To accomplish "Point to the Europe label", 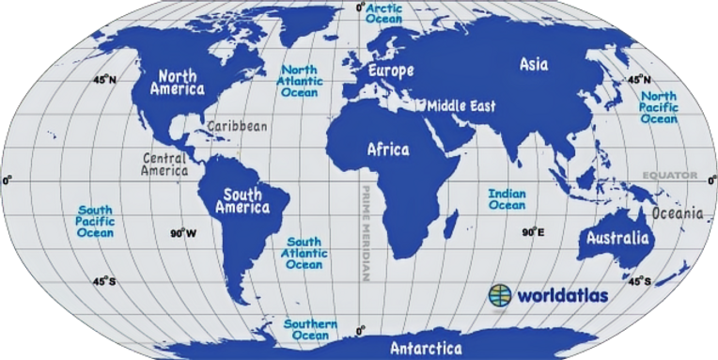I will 390,71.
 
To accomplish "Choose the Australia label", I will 617,238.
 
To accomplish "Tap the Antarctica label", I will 426,349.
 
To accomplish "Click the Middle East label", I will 461,106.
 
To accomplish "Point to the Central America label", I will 165,164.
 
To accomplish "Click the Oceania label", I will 677,213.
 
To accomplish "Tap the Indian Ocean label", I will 507,199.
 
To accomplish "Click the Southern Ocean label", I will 310,329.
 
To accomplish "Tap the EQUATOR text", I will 666,176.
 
